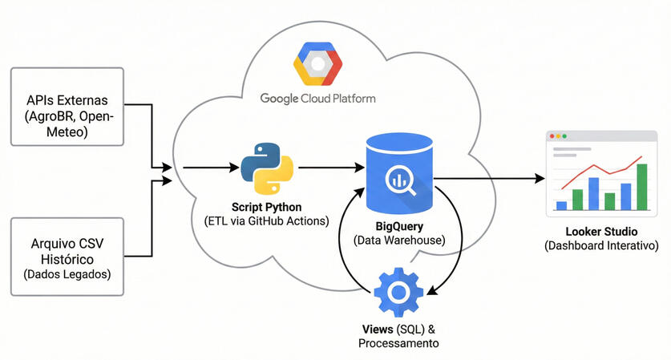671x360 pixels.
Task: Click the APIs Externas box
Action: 67,107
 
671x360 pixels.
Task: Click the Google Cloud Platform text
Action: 317,99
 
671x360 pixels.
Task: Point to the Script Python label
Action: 267,206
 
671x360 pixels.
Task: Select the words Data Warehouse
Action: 398,240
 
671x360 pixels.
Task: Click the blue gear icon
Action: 398,293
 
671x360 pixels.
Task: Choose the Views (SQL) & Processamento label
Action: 398,336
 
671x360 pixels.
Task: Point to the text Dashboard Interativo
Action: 601,245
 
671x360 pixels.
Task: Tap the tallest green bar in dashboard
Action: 641,187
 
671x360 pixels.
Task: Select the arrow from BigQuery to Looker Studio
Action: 489,178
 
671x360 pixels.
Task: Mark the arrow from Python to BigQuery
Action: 329,168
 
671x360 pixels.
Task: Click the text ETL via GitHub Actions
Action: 267,221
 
